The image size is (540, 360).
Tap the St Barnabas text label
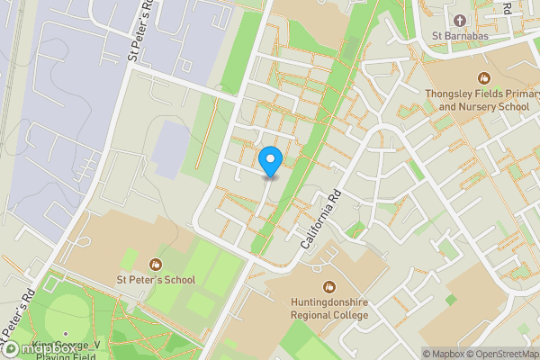(x=460, y=37)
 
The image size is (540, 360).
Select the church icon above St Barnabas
(x=460, y=20)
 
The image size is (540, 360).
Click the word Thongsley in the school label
(x=454, y=93)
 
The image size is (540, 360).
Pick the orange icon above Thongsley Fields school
(x=483, y=77)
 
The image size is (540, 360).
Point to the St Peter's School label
(x=156, y=280)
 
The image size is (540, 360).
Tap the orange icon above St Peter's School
(x=156, y=264)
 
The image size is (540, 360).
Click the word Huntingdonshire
(x=328, y=301)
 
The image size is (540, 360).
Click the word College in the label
(x=349, y=315)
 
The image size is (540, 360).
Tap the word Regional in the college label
(x=310, y=315)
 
